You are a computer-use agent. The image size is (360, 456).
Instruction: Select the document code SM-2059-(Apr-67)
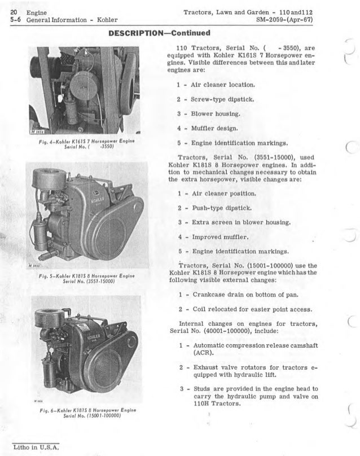pos(280,21)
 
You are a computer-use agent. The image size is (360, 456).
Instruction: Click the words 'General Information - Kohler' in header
pos(63,21)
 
